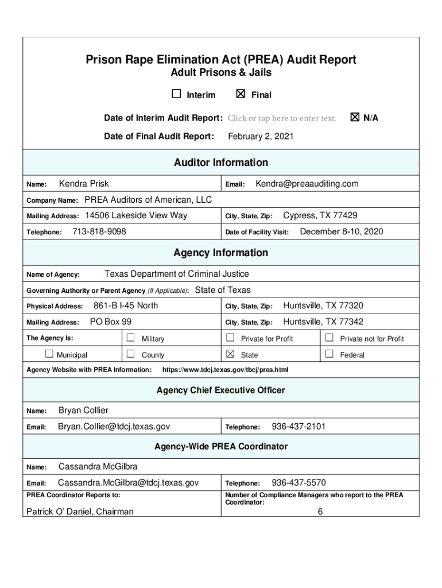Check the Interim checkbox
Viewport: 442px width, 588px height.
tap(176, 94)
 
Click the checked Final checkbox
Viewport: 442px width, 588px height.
tap(241, 94)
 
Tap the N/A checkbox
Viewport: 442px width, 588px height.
tap(354, 117)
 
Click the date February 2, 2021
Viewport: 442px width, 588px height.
tap(261, 137)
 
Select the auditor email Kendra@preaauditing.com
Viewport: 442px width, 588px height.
tap(307, 184)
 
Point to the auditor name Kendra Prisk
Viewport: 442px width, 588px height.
tap(84, 184)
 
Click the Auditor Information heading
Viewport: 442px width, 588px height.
tap(221, 163)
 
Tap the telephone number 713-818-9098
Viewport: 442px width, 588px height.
tap(99, 231)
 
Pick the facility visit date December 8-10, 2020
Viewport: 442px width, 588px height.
tap(342, 231)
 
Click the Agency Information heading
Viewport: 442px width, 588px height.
tap(221, 253)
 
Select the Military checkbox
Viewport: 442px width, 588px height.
tap(130, 338)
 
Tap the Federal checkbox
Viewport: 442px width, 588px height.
tap(329, 354)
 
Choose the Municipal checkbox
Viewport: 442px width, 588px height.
tap(49, 354)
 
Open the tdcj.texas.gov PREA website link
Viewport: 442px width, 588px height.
tap(226, 370)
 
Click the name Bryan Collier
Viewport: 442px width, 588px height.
tap(83, 411)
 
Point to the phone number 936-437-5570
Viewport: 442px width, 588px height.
tap(298, 483)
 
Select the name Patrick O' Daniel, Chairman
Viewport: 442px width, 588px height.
tap(80, 512)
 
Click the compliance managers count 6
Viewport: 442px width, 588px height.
tap(320, 512)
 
